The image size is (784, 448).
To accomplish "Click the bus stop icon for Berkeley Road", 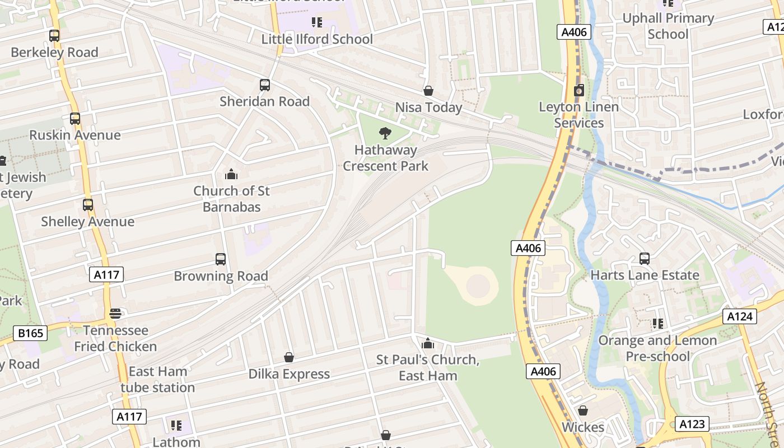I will point(54,36).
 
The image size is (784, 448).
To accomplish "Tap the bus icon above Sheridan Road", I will point(265,85).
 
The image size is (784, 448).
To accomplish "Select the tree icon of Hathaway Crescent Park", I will point(385,133).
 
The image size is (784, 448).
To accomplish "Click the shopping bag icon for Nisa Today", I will point(428,91).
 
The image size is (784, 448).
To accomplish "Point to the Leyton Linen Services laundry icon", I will point(579,90).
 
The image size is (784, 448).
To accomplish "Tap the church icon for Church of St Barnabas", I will point(231,175).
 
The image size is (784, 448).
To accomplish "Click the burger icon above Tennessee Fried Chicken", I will point(115,314).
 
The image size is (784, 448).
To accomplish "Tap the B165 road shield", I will point(30,334).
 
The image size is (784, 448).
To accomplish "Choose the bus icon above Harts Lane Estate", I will point(645,259).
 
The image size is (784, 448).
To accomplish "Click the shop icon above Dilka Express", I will point(289,357).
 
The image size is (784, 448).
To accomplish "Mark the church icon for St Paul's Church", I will point(428,343).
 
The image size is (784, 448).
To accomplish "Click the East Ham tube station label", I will point(158,379).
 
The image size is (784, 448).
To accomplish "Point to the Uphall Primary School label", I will point(668,26).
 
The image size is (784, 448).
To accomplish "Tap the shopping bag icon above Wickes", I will point(583,411).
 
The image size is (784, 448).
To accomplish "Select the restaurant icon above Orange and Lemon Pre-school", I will point(657,324).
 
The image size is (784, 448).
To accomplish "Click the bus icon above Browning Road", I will point(221,259).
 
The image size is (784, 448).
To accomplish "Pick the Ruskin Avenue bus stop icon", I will point(75,119).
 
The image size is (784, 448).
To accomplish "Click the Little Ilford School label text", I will point(317,39).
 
